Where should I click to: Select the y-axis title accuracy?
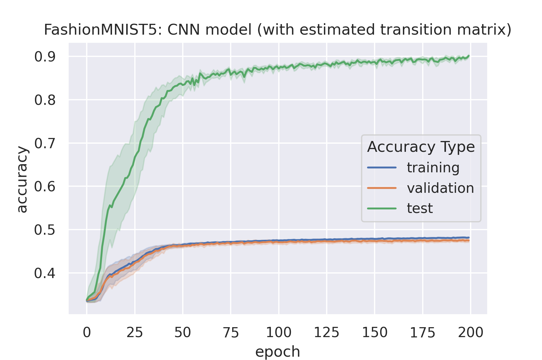(x=22, y=180)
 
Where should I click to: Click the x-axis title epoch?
(x=278, y=352)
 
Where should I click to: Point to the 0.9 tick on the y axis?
(x=45, y=57)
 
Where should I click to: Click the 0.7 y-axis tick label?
(x=45, y=143)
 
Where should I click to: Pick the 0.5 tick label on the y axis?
(x=45, y=230)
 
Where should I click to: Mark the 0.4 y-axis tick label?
(x=45, y=274)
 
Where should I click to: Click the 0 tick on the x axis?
(x=87, y=333)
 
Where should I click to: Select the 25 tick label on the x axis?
(x=135, y=333)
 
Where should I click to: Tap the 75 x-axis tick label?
(x=231, y=333)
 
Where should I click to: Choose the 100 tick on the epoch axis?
(x=279, y=333)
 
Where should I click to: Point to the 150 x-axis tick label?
(x=375, y=333)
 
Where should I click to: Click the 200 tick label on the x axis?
(x=470, y=333)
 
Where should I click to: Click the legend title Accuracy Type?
(x=421, y=147)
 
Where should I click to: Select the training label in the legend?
(x=433, y=167)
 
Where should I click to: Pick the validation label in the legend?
(x=440, y=188)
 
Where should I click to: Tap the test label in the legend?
(x=420, y=208)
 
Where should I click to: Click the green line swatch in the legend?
(x=382, y=208)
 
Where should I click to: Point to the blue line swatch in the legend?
(x=382, y=167)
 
